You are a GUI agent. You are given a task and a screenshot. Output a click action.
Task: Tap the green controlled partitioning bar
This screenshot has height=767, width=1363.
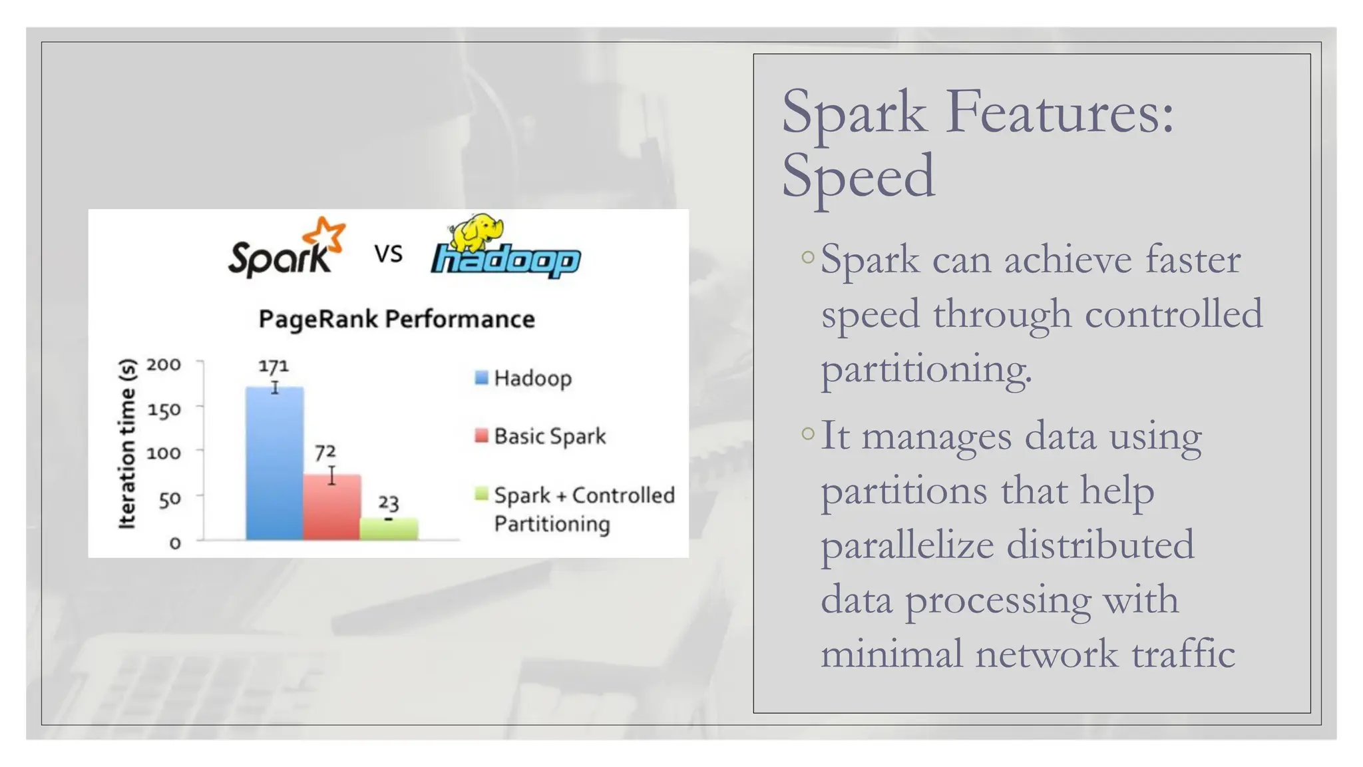pos(389,529)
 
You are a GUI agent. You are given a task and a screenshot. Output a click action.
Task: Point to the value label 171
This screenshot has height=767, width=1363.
pos(274,366)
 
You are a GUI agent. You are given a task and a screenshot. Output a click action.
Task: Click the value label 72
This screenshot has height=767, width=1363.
pos(325,453)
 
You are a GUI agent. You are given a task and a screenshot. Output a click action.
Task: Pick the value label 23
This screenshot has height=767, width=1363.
pos(389,503)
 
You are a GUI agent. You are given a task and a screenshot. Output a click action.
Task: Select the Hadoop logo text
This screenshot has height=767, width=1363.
pos(506,260)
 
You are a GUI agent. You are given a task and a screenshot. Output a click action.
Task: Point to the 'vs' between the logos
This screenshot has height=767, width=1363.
pos(388,254)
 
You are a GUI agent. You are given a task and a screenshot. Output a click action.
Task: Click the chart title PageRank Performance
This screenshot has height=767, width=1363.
pos(397,319)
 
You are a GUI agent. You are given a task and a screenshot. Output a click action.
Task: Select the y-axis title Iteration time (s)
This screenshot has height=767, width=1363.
pos(126,444)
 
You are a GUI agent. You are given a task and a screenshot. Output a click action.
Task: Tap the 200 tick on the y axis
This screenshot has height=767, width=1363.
pos(164,365)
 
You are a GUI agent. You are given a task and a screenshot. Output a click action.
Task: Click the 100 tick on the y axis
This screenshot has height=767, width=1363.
pos(164,453)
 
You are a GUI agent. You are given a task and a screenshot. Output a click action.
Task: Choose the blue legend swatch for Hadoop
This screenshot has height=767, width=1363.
pos(481,378)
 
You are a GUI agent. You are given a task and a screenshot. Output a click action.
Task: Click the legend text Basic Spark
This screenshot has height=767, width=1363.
pos(550,436)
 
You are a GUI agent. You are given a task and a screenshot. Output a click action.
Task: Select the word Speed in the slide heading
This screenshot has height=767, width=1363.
pos(859,175)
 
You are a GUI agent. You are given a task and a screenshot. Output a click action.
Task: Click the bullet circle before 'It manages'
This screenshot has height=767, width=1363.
pos(808,434)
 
